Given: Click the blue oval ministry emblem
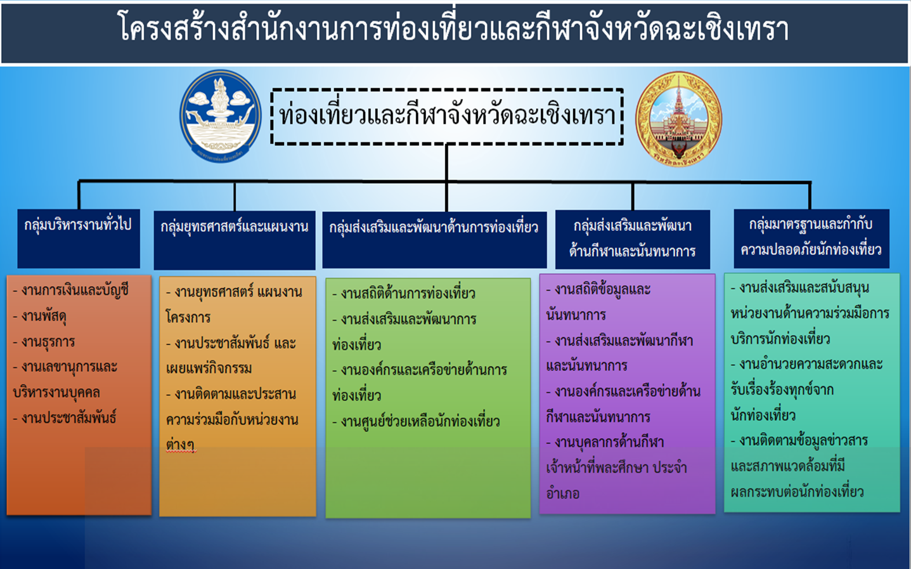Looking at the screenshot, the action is click(x=221, y=117).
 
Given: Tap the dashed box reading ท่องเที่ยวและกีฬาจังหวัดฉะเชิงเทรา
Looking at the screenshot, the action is click(x=447, y=117).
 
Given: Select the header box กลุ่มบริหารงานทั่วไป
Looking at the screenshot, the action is click(x=79, y=239).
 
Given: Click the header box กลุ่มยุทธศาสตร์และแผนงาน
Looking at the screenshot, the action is click(x=235, y=240).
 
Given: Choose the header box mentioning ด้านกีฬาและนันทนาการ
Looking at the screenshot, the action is click(x=633, y=239).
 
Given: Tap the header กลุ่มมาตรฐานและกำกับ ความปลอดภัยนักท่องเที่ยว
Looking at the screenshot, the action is click(x=811, y=239).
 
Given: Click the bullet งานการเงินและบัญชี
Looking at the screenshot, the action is click(x=71, y=290).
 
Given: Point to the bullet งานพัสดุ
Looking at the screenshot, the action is click(x=40, y=316).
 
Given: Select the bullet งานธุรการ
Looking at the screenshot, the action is click(x=44, y=341).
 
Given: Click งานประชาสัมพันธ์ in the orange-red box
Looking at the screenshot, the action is click(x=65, y=417).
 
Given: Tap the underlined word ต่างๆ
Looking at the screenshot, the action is click(x=181, y=445).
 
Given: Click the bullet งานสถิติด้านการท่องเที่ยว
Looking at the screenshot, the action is click(x=403, y=294).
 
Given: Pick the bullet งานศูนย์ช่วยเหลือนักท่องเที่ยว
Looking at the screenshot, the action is click(x=416, y=421).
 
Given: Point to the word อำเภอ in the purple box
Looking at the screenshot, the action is click(x=563, y=494).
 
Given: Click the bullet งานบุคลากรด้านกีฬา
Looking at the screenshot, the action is click(x=605, y=442).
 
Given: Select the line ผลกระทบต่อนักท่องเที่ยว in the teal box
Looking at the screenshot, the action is click(x=797, y=492).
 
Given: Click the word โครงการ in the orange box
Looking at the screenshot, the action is click(x=188, y=317).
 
